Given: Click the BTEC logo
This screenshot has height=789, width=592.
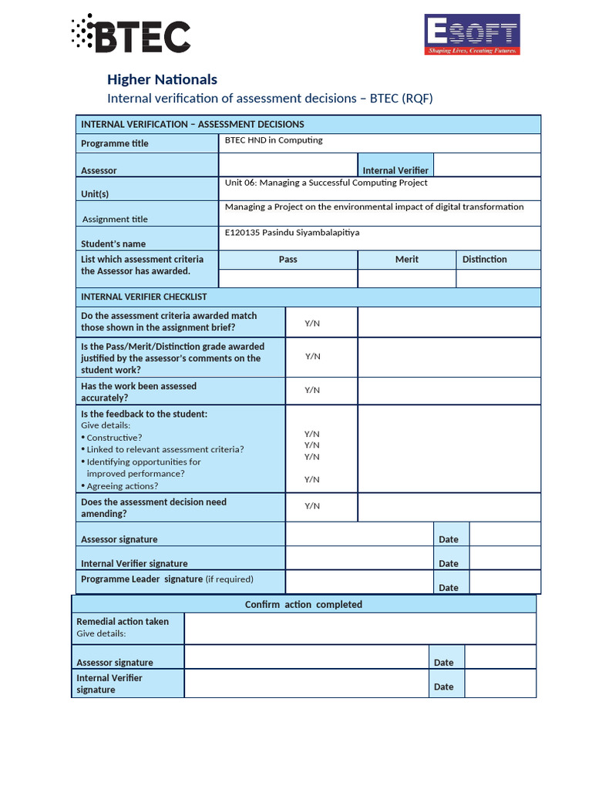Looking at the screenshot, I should coord(130,33).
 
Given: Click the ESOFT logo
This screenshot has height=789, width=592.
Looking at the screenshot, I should coord(472,35).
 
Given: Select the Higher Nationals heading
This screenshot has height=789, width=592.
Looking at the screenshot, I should coord(162,79).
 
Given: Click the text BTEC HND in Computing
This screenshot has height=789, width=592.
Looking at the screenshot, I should coord(274,140).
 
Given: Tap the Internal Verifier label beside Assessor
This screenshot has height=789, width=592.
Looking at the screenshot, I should coord(395,170).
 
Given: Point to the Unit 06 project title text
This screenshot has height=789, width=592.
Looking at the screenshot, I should coord(326,183).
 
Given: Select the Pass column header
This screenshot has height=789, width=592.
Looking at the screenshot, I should coord(288,260).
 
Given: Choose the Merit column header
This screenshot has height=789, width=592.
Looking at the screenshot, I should coord(406,260).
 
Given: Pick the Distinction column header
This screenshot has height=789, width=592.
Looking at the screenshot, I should coord(484,260).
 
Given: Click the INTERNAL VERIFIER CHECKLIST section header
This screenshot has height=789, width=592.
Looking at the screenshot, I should coord(144,297).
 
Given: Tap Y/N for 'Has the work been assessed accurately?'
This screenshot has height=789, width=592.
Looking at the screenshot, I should coord(312,390).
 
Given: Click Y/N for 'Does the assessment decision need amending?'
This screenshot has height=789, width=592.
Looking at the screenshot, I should coord(312,506).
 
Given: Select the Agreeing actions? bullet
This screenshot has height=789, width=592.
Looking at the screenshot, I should coord(122,486).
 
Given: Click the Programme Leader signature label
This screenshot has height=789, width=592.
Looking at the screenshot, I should coord(142,579).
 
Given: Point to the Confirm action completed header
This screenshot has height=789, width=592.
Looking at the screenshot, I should coord(303,605).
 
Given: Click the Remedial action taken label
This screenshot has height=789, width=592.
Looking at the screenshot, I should coord(123,621).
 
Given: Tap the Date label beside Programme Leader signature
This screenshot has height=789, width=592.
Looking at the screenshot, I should coord(449,587).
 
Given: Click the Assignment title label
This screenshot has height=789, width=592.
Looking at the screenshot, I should coord(115,219).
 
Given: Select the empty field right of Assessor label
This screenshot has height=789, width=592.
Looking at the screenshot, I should coord(288,165).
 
